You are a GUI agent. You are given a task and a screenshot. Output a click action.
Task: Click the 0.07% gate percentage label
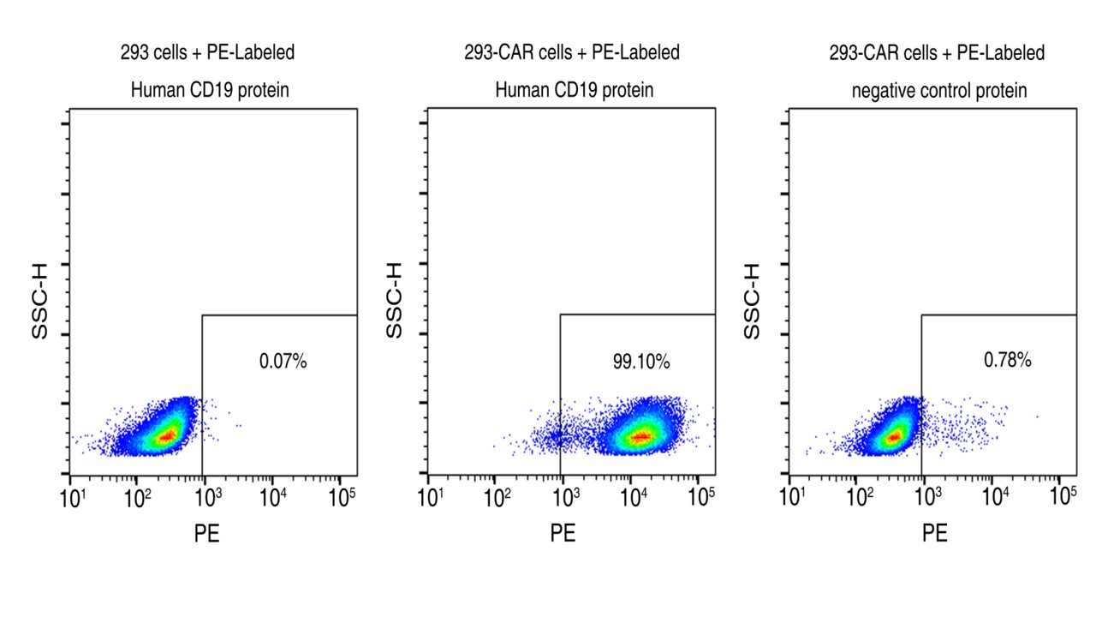[283, 362]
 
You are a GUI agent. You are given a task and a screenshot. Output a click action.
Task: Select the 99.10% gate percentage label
[641, 362]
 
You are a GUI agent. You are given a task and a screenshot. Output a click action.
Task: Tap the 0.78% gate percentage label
[1008, 361]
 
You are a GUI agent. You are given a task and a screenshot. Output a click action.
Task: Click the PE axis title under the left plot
[206, 534]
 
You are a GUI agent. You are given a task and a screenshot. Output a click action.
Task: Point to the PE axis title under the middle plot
[563, 534]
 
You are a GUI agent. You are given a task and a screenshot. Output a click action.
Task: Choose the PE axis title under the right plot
[935, 534]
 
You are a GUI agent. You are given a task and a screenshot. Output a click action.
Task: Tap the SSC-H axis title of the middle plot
[394, 300]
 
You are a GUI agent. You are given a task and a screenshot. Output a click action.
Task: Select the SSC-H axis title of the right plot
[752, 300]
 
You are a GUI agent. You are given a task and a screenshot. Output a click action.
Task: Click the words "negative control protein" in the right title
[939, 90]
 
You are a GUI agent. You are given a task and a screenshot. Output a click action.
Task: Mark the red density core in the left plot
[167, 435]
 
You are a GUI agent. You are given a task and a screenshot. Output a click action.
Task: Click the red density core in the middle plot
[640, 437]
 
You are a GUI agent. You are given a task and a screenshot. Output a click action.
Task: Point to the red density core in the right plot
[894, 437]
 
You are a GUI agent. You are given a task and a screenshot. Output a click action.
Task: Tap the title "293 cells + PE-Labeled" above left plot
[207, 53]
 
